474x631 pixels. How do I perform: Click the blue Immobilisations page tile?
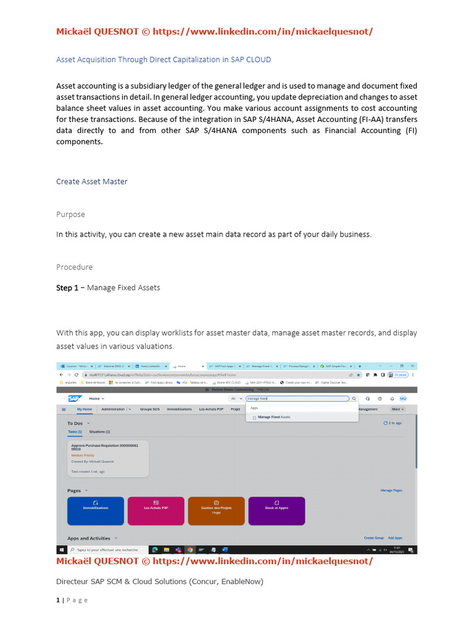pos(95,511)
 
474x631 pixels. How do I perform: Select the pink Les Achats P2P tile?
pos(156,511)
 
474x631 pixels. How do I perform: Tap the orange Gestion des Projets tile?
pos(216,511)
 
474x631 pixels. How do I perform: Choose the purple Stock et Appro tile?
pos(276,511)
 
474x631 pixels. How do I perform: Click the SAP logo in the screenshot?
pos(75,399)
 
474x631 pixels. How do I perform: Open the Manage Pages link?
pos(391,491)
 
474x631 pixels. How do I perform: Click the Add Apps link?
pos(394,538)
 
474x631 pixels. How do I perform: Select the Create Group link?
pos(373,538)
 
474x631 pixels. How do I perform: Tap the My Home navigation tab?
pos(85,409)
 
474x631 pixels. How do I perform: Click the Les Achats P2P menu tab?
pos(211,409)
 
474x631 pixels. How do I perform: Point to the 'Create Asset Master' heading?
pos(91,181)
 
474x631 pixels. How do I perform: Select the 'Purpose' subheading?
pos(70,214)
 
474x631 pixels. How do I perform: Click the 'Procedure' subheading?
pos(74,267)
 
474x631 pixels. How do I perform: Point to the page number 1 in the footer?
pos(58,600)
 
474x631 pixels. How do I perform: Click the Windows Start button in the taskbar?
pos(62,550)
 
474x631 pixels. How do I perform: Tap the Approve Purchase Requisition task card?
pos(108,458)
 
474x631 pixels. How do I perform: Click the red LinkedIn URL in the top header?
pos(262,31)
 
